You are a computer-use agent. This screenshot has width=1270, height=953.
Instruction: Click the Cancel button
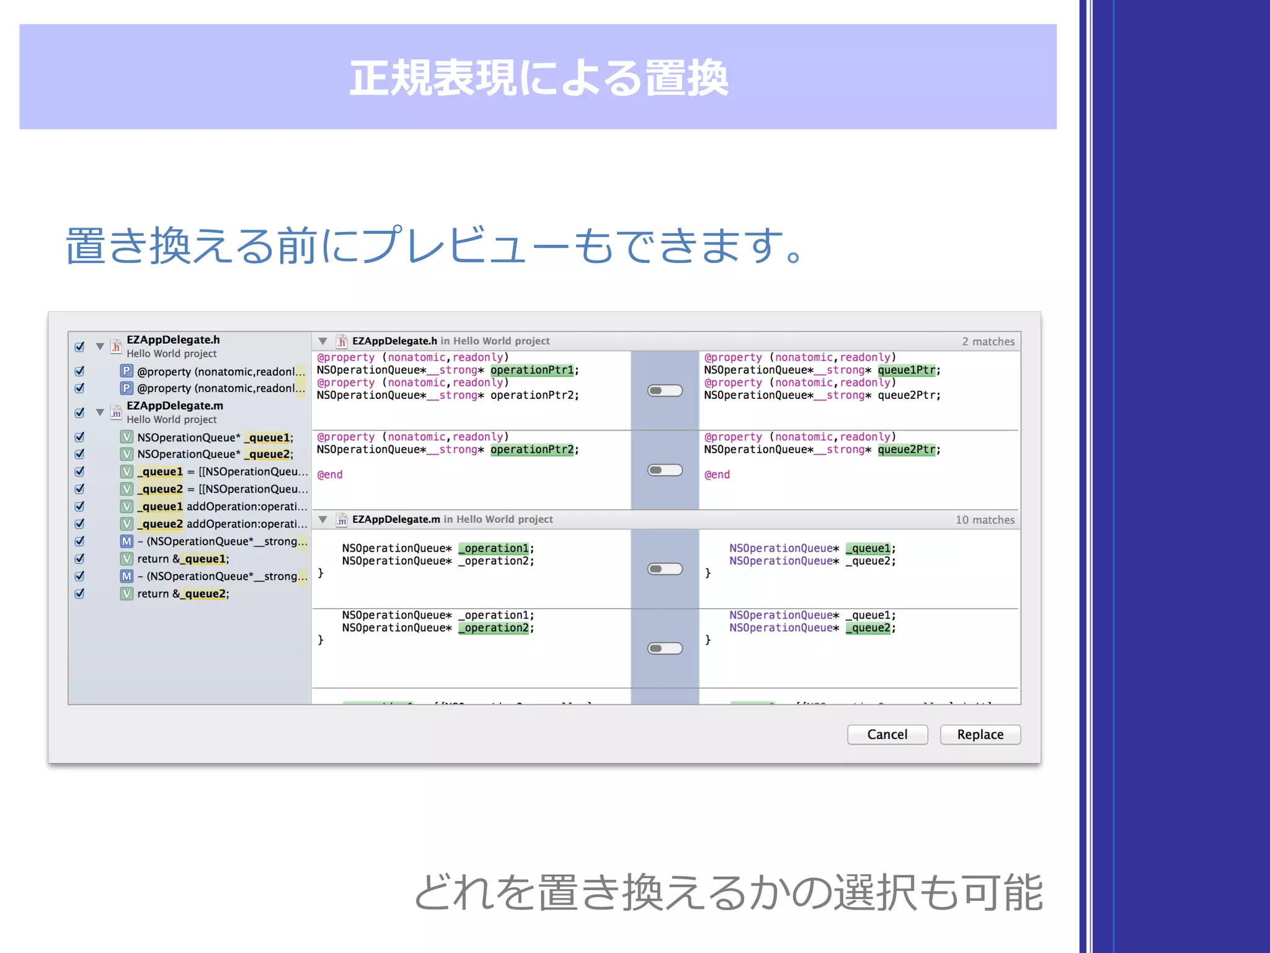point(887,735)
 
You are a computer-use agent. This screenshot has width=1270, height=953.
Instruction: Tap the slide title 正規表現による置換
point(538,78)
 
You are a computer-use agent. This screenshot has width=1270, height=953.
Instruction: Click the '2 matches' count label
point(988,341)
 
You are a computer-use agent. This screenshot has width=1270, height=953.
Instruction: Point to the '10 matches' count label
point(985,520)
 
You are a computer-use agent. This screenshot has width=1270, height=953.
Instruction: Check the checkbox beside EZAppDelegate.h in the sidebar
point(79,347)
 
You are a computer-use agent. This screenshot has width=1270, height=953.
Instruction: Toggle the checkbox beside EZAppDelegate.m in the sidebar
point(79,413)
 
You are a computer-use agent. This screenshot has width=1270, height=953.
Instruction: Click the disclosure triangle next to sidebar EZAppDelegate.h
point(100,346)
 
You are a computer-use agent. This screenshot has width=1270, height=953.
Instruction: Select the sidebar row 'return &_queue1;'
point(183,559)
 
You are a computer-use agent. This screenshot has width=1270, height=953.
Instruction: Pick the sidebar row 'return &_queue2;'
point(183,594)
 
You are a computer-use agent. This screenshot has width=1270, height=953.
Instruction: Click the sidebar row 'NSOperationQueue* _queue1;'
point(215,437)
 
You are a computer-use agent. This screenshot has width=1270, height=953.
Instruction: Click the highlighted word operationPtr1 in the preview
point(532,370)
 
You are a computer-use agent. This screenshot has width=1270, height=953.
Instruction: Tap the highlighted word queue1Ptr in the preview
point(906,370)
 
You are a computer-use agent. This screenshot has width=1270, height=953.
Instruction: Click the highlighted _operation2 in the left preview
point(494,628)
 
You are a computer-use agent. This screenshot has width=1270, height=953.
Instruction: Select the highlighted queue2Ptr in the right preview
point(906,450)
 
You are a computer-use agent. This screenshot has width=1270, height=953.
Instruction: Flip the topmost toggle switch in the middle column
point(665,391)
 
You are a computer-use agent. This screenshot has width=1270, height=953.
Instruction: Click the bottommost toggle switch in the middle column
point(665,648)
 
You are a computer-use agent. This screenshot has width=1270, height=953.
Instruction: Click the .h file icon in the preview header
point(342,341)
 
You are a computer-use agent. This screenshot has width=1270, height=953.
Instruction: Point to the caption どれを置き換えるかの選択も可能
point(728,892)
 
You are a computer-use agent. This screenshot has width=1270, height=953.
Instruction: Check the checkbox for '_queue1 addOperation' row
point(79,506)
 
